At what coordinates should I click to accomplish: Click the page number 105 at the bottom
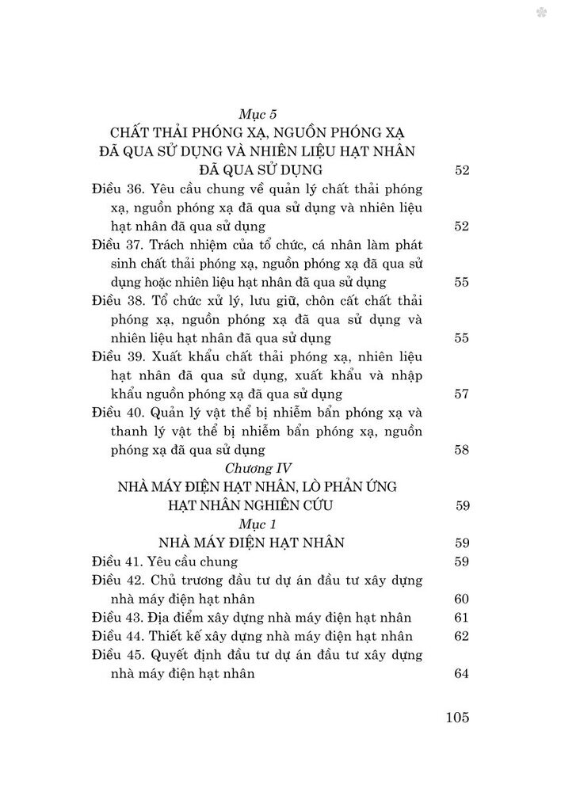tap(458, 718)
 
